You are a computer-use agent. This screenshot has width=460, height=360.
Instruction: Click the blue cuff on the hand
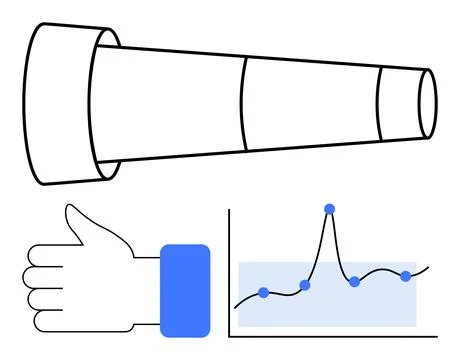point(185,290)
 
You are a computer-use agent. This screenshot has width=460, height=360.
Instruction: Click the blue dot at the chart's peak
point(329,208)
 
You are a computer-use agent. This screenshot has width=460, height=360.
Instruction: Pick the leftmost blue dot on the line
point(264,292)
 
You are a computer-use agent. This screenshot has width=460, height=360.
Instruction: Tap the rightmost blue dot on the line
point(406,275)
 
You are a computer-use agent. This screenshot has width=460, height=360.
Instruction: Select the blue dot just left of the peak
point(305,285)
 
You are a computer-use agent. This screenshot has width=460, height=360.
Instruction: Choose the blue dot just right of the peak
point(354,282)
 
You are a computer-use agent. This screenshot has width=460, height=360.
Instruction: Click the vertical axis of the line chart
point(229,270)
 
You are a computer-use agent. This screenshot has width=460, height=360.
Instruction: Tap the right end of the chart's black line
point(430,266)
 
